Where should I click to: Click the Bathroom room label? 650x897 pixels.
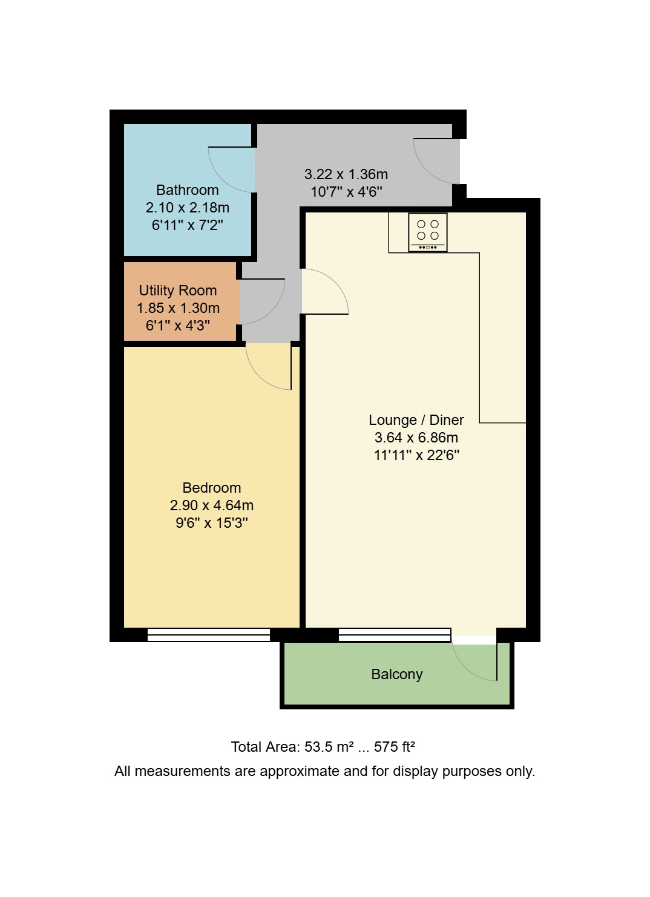pyautogui.click(x=187, y=190)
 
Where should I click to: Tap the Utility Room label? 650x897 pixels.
pyautogui.click(x=177, y=291)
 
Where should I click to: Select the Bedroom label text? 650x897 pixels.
pyautogui.click(x=211, y=488)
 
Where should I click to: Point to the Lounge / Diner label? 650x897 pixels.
pyautogui.click(x=416, y=420)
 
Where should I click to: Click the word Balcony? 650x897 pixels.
pyautogui.click(x=396, y=674)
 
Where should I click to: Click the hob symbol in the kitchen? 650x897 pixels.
pyautogui.click(x=428, y=232)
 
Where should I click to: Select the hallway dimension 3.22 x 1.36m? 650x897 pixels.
pyautogui.click(x=346, y=174)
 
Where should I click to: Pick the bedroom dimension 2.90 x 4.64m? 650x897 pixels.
pyautogui.click(x=211, y=505)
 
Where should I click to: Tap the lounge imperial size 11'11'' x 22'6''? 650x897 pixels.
pyautogui.click(x=416, y=455)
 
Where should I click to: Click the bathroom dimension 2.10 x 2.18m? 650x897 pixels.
pyautogui.click(x=187, y=208)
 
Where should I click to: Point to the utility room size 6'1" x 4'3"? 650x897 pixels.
pyautogui.click(x=177, y=326)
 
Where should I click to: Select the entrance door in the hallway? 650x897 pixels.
pyautogui.click(x=435, y=161)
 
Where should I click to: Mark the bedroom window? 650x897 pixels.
pyautogui.click(x=208, y=634)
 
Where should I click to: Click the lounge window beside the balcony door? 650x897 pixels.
pyautogui.click(x=395, y=634)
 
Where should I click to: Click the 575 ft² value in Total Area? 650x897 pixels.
pyautogui.click(x=394, y=747)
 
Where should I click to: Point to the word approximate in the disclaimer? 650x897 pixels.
pyautogui.click(x=300, y=771)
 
